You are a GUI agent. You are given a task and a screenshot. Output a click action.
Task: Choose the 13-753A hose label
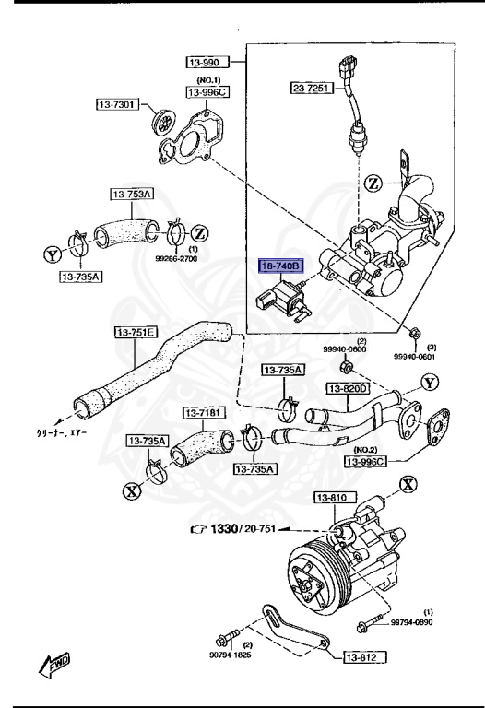coord(134,195)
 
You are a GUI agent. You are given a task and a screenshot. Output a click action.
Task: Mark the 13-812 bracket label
coord(366,657)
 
